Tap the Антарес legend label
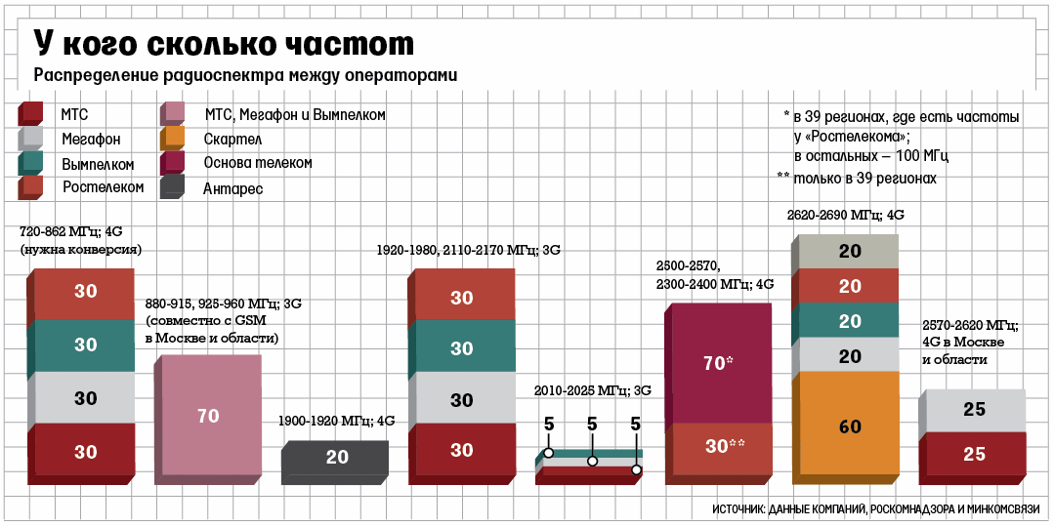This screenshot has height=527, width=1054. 233,188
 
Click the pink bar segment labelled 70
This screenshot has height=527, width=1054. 208,416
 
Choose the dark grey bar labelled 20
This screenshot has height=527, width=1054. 337,458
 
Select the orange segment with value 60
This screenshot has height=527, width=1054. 849,426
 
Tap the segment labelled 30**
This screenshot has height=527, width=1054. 725,446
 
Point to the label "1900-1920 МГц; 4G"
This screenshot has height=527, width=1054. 336,422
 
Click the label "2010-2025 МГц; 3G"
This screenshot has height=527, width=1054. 592,390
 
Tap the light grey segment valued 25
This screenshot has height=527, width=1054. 974,410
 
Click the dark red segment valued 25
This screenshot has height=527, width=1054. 974,455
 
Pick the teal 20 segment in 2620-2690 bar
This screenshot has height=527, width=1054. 849,321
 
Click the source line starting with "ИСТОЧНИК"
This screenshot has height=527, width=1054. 875,509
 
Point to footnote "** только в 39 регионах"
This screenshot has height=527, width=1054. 857,179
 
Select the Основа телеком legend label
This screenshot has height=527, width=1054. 258,163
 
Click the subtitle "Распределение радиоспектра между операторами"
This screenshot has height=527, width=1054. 246,76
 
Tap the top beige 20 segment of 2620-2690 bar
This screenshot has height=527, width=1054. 849,251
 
